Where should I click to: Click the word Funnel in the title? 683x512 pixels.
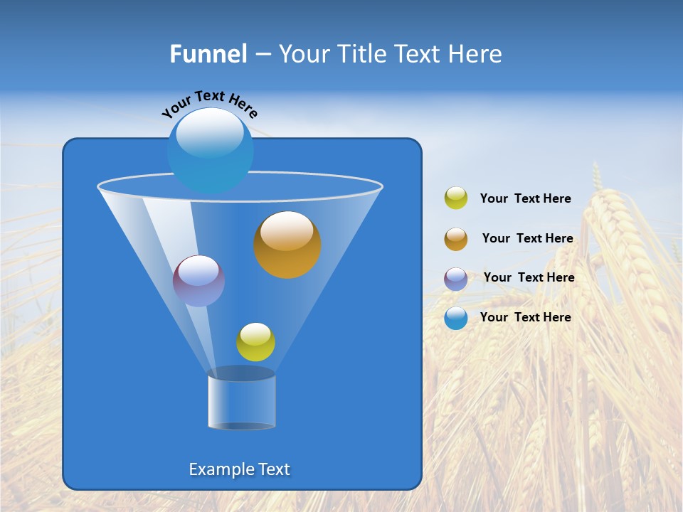[208, 54]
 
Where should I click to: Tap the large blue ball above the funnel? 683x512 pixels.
[210, 151]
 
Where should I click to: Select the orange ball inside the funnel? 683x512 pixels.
[287, 245]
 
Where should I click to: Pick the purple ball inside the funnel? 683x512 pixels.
[199, 281]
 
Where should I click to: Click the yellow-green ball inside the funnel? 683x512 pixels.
[255, 342]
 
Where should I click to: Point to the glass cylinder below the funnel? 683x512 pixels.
[242, 400]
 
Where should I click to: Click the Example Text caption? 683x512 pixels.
[240, 469]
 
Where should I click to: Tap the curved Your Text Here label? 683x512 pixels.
[209, 104]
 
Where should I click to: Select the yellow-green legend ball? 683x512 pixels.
[456, 198]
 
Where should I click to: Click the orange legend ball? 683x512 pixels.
[456, 239]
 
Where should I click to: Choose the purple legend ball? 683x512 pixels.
[456, 279]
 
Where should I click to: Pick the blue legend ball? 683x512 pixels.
[456, 318]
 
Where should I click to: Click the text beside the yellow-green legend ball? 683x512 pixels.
[525, 199]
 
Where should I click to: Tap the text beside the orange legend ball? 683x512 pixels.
[527, 239]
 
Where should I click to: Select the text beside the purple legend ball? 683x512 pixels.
[529, 278]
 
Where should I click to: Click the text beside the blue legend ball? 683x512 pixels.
[525, 317]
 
